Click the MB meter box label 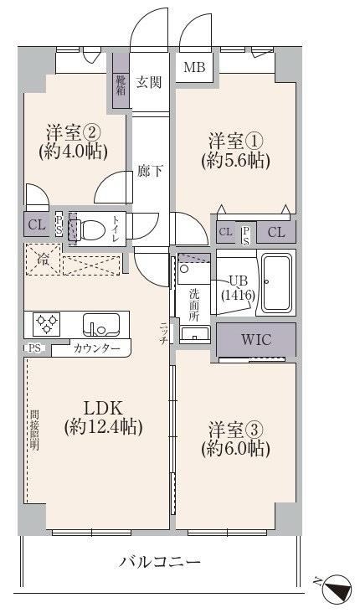pos(194,67)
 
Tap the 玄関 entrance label pos(148,82)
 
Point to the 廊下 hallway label pos(150,171)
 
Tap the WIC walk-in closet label pos(256,339)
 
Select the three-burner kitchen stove pos(47,324)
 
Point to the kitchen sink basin pos(100,325)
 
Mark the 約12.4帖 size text pos(103,426)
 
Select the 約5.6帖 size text pos(236,160)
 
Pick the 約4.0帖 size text pos(73,152)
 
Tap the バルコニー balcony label pos(160,563)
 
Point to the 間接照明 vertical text pos(34,430)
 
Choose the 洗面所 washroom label pos(194,305)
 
